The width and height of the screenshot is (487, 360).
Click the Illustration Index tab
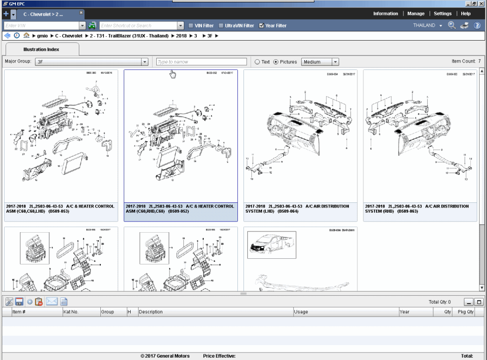[x=42, y=49]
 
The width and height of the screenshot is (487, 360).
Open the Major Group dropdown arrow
[x=145, y=62]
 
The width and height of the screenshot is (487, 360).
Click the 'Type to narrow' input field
[x=201, y=62]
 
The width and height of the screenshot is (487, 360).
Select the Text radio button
[x=257, y=62]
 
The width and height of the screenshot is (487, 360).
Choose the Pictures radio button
[x=276, y=62]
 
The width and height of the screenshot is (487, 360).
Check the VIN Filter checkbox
[x=191, y=26]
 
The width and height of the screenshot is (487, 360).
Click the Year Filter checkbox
[x=262, y=26]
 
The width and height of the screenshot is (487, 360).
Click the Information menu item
[x=385, y=14]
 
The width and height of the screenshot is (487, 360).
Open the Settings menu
[x=443, y=14]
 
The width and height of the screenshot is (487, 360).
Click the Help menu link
[x=466, y=14]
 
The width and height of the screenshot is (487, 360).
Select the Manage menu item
[x=416, y=14]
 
